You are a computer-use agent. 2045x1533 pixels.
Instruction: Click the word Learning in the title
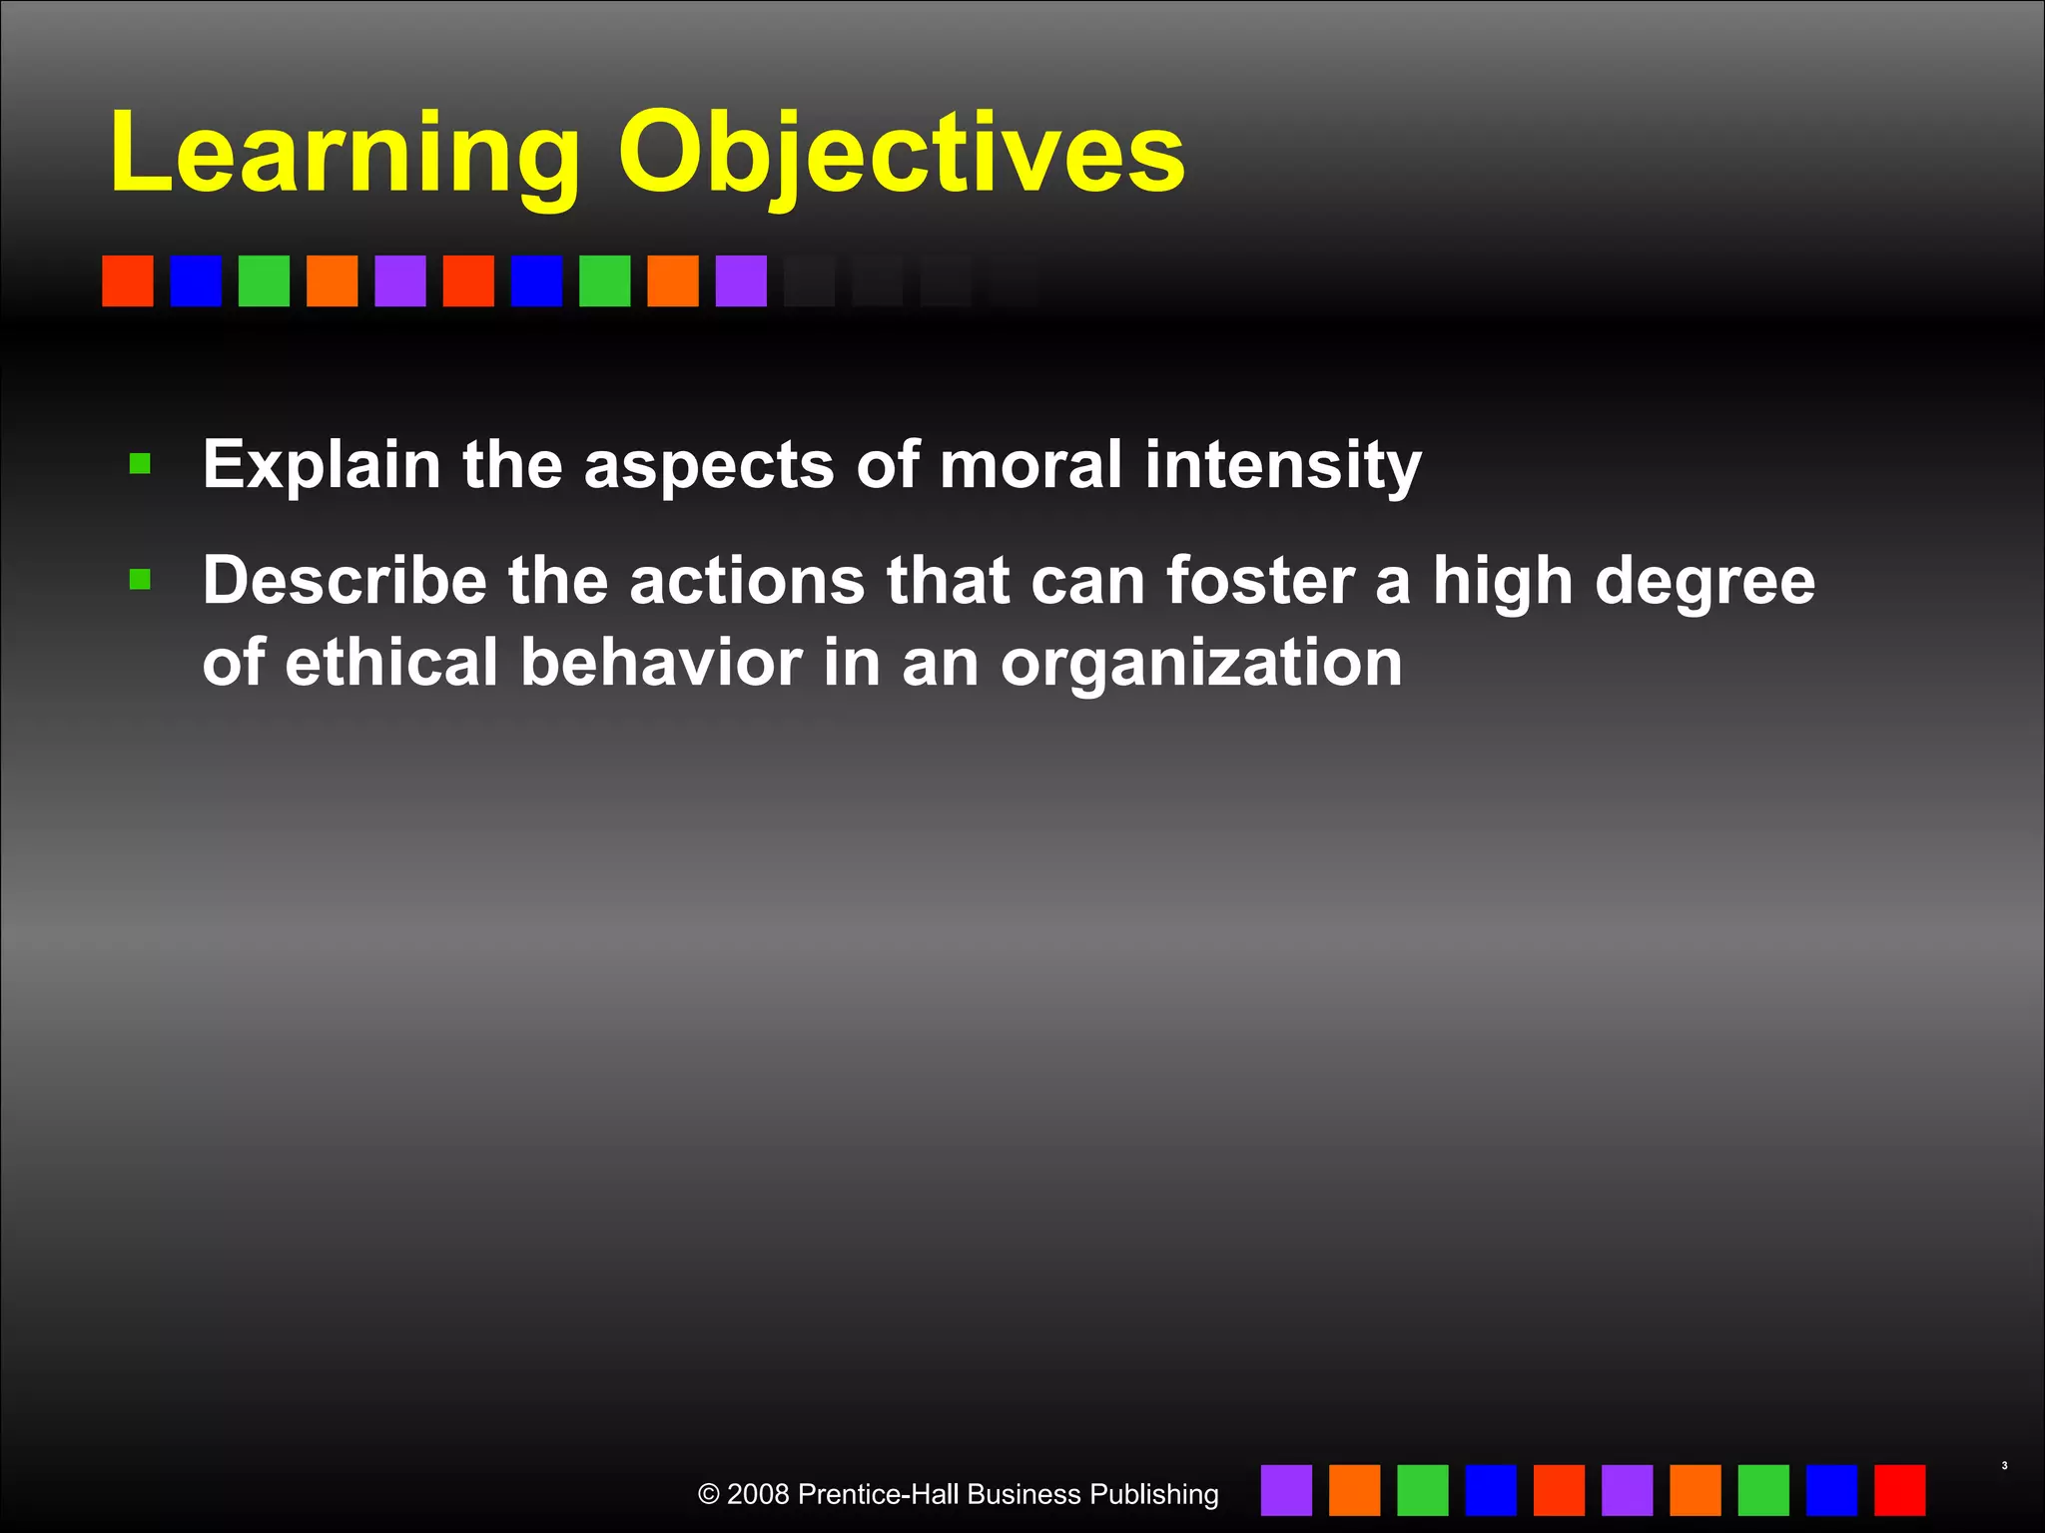[344, 155]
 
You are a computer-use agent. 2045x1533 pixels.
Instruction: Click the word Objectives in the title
[901, 155]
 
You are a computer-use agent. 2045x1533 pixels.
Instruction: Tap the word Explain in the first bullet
[322, 465]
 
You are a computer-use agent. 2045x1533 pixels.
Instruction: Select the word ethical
[390, 663]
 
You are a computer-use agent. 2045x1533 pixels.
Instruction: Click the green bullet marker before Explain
[140, 464]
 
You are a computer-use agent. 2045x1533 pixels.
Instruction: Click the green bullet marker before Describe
[140, 580]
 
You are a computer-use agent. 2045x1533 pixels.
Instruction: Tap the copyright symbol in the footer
[708, 1494]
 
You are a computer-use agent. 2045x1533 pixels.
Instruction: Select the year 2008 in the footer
[758, 1494]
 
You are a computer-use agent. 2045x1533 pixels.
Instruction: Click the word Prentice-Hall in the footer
[879, 1494]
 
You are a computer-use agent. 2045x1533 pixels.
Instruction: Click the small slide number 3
[2004, 1466]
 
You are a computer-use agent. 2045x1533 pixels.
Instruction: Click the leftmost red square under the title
[128, 280]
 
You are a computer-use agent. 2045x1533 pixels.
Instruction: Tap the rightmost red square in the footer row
[1899, 1490]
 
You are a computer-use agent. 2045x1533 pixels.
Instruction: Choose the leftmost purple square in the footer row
[1286, 1490]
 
